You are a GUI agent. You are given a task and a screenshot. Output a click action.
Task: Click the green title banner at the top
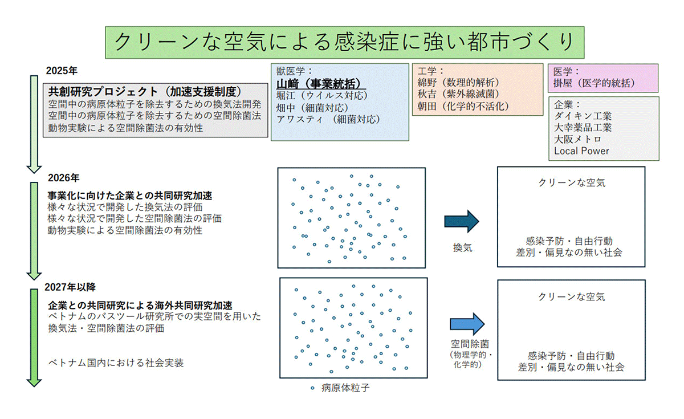pos(345,42)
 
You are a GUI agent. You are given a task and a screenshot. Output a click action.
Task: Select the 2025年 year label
pos(62,71)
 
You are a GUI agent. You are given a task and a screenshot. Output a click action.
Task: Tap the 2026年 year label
pos(63,177)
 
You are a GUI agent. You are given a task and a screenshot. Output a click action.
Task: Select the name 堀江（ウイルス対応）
pos(321,95)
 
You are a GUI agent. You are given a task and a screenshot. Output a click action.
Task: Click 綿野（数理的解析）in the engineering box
pos(458,83)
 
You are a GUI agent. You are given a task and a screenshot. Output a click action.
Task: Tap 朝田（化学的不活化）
pos(462,106)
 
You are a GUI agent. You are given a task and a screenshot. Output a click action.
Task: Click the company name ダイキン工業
pos(583,116)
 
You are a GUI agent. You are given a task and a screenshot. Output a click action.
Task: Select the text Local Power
pos(581,151)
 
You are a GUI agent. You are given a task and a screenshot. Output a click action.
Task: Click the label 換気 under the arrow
pos(463,248)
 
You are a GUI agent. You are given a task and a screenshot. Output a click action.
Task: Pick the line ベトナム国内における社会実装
pos(116,363)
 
